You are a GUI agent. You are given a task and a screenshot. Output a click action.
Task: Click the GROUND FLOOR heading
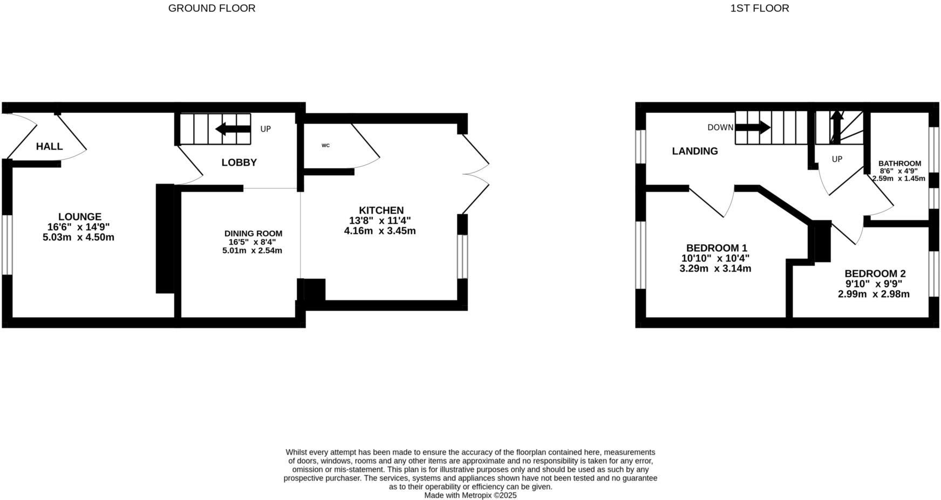[x=212, y=8]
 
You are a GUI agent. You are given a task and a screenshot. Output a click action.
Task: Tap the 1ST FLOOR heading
[x=759, y=8]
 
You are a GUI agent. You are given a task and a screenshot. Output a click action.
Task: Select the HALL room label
[x=49, y=146]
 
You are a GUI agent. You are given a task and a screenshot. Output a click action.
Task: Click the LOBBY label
[x=239, y=162]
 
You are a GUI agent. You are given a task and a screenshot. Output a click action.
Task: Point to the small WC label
[x=325, y=146]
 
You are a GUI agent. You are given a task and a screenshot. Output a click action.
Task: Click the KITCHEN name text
[x=381, y=210]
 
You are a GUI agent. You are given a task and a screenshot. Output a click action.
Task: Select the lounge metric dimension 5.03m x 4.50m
[x=78, y=237]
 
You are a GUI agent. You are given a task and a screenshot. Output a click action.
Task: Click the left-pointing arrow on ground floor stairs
[x=233, y=129]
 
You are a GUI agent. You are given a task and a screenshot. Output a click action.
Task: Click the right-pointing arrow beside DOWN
[x=753, y=128]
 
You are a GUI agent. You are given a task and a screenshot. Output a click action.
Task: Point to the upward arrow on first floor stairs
[x=836, y=126]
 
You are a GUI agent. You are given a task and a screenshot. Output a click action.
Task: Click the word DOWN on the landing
[x=720, y=128]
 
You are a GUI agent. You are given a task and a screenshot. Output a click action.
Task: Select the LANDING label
[x=694, y=151]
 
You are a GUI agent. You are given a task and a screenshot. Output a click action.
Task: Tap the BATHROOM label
[x=899, y=163]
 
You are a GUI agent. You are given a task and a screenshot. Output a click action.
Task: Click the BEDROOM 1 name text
[x=716, y=248]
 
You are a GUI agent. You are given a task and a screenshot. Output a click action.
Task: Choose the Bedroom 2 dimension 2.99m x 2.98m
[x=874, y=294]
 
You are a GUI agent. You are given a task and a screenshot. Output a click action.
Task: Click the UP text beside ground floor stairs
[x=265, y=129]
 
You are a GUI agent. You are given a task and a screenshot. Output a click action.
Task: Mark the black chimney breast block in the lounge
[x=165, y=238]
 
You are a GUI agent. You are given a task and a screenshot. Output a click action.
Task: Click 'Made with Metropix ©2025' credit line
[x=470, y=495]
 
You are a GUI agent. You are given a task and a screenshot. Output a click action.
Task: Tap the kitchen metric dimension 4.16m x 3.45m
[x=380, y=231]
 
